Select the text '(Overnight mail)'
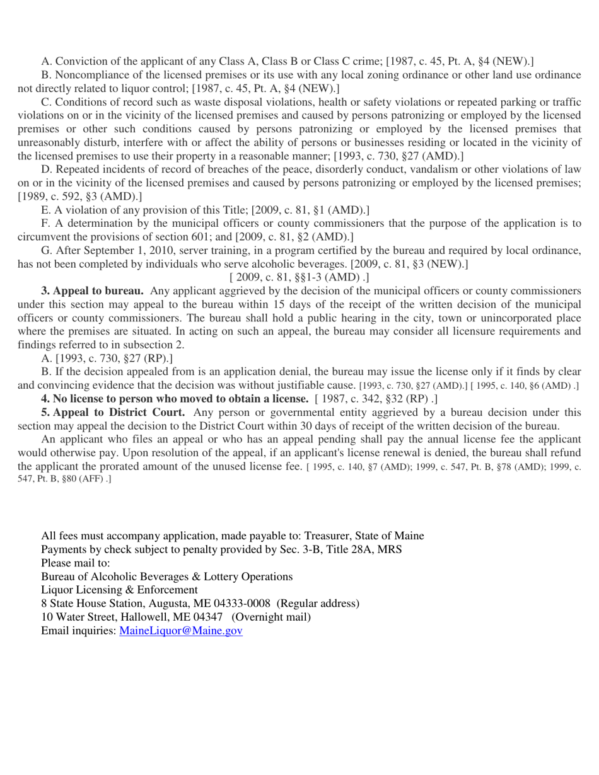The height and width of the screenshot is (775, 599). (x=272, y=617)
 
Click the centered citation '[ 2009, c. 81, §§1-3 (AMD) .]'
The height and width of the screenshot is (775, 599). (x=299, y=277)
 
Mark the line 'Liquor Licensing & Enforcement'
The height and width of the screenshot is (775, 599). (x=119, y=590)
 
